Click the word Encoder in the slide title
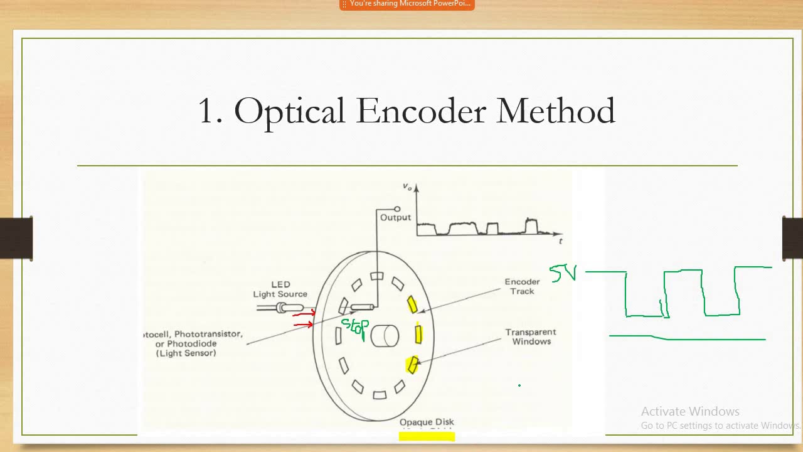coord(420,111)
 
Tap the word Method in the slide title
coord(555,111)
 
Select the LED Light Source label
coord(280,289)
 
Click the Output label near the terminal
coord(395,217)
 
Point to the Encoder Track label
coord(522,286)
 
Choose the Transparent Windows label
coord(531,336)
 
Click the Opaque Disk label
coord(427,422)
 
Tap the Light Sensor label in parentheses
coord(186,353)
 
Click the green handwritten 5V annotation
coord(563,273)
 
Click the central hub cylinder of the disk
coord(385,335)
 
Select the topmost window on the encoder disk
coord(376,276)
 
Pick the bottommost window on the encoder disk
coord(380,395)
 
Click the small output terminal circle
coord(397,209)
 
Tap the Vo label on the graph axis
coord(408,186)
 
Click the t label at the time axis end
coord(560,240)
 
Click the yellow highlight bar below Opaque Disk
coord(427,436)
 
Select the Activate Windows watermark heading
coord(690,412)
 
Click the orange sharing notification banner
coord(407,4)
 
